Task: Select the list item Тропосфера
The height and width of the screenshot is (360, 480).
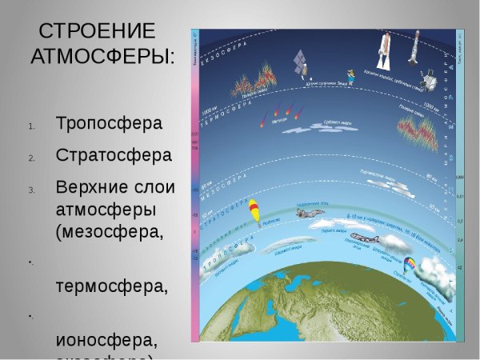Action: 110,125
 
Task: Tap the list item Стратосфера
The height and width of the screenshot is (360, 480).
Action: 114,154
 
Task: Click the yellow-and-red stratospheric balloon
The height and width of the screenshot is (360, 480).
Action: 254,211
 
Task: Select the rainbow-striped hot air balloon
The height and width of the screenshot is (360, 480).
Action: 409,265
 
